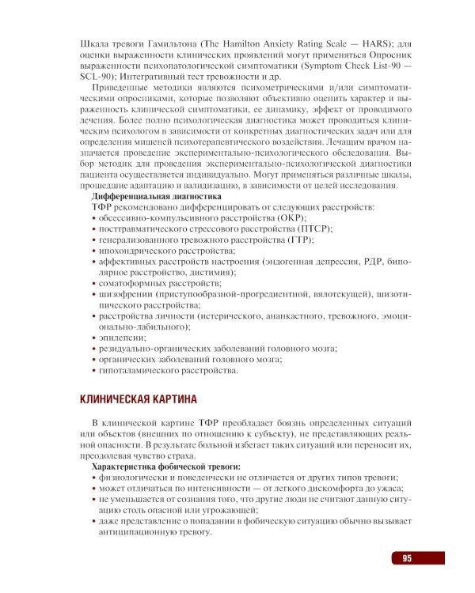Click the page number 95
click(x=406, y=558)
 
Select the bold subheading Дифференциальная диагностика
click(x=157, y=195)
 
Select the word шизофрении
click(x=126, y=293)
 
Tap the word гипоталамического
click(x=141, y=369)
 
